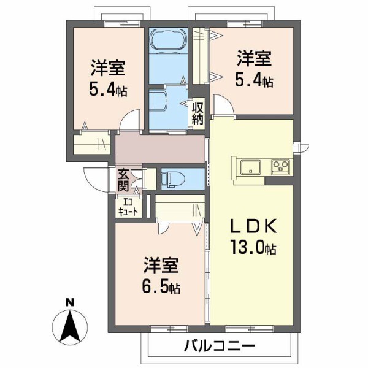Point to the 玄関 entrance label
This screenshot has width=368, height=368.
coord(123,179)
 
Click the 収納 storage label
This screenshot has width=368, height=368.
coord(197,113)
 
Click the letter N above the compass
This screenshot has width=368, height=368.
coord(70,302)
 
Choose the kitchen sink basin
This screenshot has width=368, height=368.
coord(251,167)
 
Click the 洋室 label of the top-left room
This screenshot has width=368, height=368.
coord(108,67)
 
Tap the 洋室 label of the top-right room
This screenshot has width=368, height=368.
coord(254,59)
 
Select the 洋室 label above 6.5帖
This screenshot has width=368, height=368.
coord(161,266)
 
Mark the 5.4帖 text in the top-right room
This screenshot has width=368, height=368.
coord(255,80)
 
